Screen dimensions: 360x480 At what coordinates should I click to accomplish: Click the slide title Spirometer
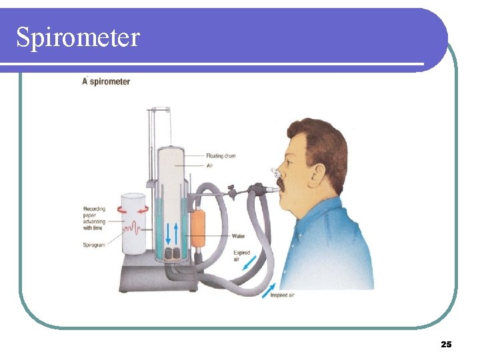point(78,37)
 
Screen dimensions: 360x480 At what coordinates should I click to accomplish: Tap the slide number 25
point(446,344)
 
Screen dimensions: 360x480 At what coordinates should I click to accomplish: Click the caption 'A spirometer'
point(105,81)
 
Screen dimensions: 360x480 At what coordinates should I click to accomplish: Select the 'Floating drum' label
point(220,156)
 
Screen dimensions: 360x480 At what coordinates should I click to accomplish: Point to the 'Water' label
point(238,236)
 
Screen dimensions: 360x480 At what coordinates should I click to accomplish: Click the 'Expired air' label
point(241,256)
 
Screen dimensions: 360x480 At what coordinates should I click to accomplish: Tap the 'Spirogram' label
point(94,245)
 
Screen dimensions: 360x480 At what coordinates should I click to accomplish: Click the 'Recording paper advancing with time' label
point(94,218)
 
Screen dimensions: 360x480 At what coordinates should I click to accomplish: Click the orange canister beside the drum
point(198,229)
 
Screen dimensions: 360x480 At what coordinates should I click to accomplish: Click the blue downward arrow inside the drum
point(167,233)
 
